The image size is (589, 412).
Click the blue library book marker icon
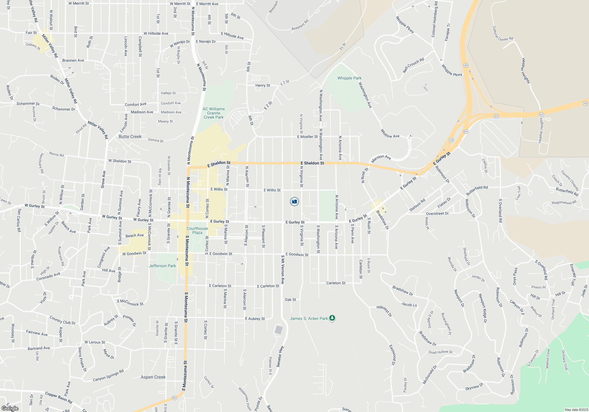point(294,202)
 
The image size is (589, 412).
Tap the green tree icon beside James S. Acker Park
point(332,318)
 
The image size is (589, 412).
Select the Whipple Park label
point(349,78)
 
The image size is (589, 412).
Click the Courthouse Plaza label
point(197,230)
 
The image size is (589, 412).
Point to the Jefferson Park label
point(162,266)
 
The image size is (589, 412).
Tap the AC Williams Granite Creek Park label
point(214,113)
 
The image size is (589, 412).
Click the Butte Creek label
point(130,137)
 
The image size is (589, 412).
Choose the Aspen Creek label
point(153,377)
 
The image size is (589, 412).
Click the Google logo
point(10,408)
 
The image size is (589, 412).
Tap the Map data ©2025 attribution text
point(576,410)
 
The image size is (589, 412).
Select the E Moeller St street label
point(307,137)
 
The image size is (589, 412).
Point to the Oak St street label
point(290,300)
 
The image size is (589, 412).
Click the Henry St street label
point(263,85)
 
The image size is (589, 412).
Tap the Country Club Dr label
point(62,320)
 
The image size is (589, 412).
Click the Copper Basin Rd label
point(59,397)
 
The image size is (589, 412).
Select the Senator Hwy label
point(280,356)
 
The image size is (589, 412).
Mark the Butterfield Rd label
point(477,191)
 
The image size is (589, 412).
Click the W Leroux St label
point(95,342)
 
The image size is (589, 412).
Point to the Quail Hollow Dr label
point(440,352)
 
